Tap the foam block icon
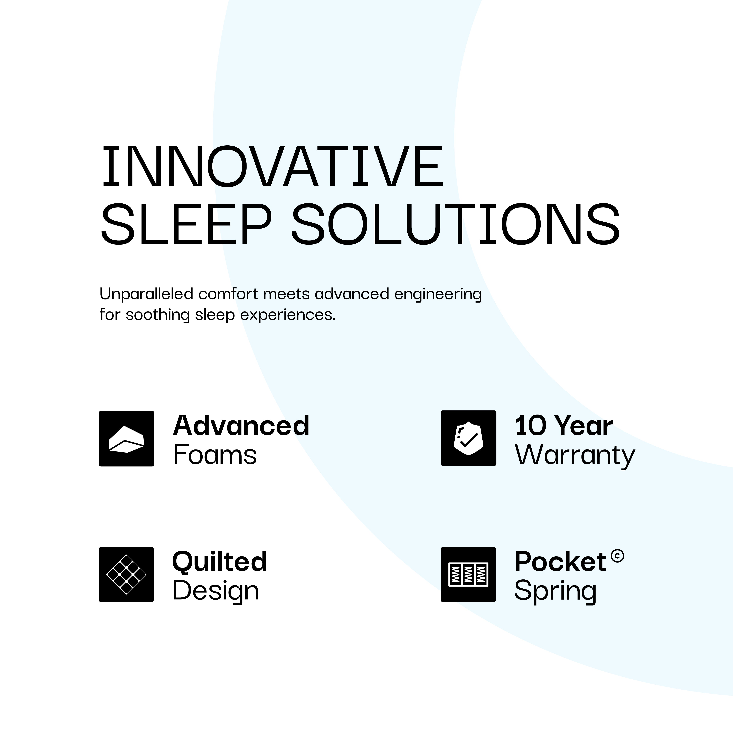click(126, 439)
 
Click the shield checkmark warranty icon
click(468, 438)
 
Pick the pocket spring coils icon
click(468, 574)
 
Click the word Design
click(215, 591)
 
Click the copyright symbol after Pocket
click(617, 556)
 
